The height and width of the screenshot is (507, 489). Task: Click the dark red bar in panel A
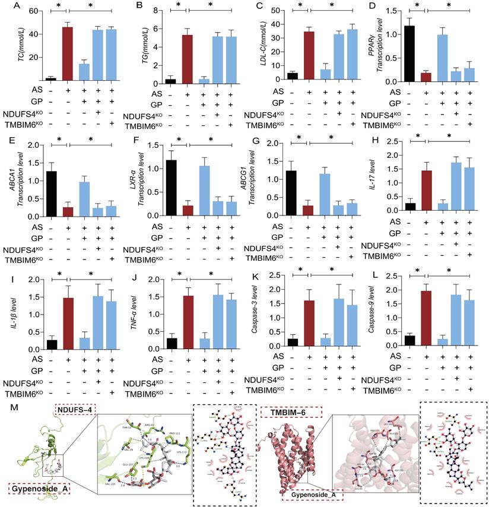pyautogui.click(x=67, y=53)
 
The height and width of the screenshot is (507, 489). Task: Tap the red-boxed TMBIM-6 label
pyautogui.click(x=283, y=410)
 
